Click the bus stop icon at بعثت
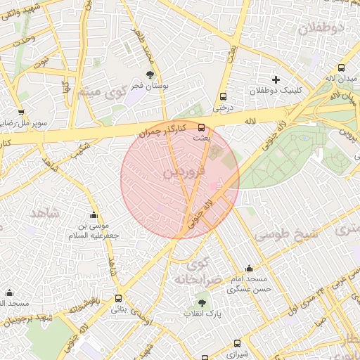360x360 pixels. point(202,127)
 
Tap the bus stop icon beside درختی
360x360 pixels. point(224,97)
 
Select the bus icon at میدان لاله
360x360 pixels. point(341,68)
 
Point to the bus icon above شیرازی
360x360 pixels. point(236,344)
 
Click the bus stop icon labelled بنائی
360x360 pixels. point(117,298)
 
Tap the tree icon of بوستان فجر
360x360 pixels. point(149,74)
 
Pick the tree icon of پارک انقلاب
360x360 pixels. point(202,302)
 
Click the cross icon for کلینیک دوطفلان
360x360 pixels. point(276,79)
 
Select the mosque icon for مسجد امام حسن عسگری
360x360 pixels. point(249,268)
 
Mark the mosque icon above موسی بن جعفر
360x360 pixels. point(94,214)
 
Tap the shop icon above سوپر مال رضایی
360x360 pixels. point(21,112)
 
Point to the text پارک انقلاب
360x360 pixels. point(202,314)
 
